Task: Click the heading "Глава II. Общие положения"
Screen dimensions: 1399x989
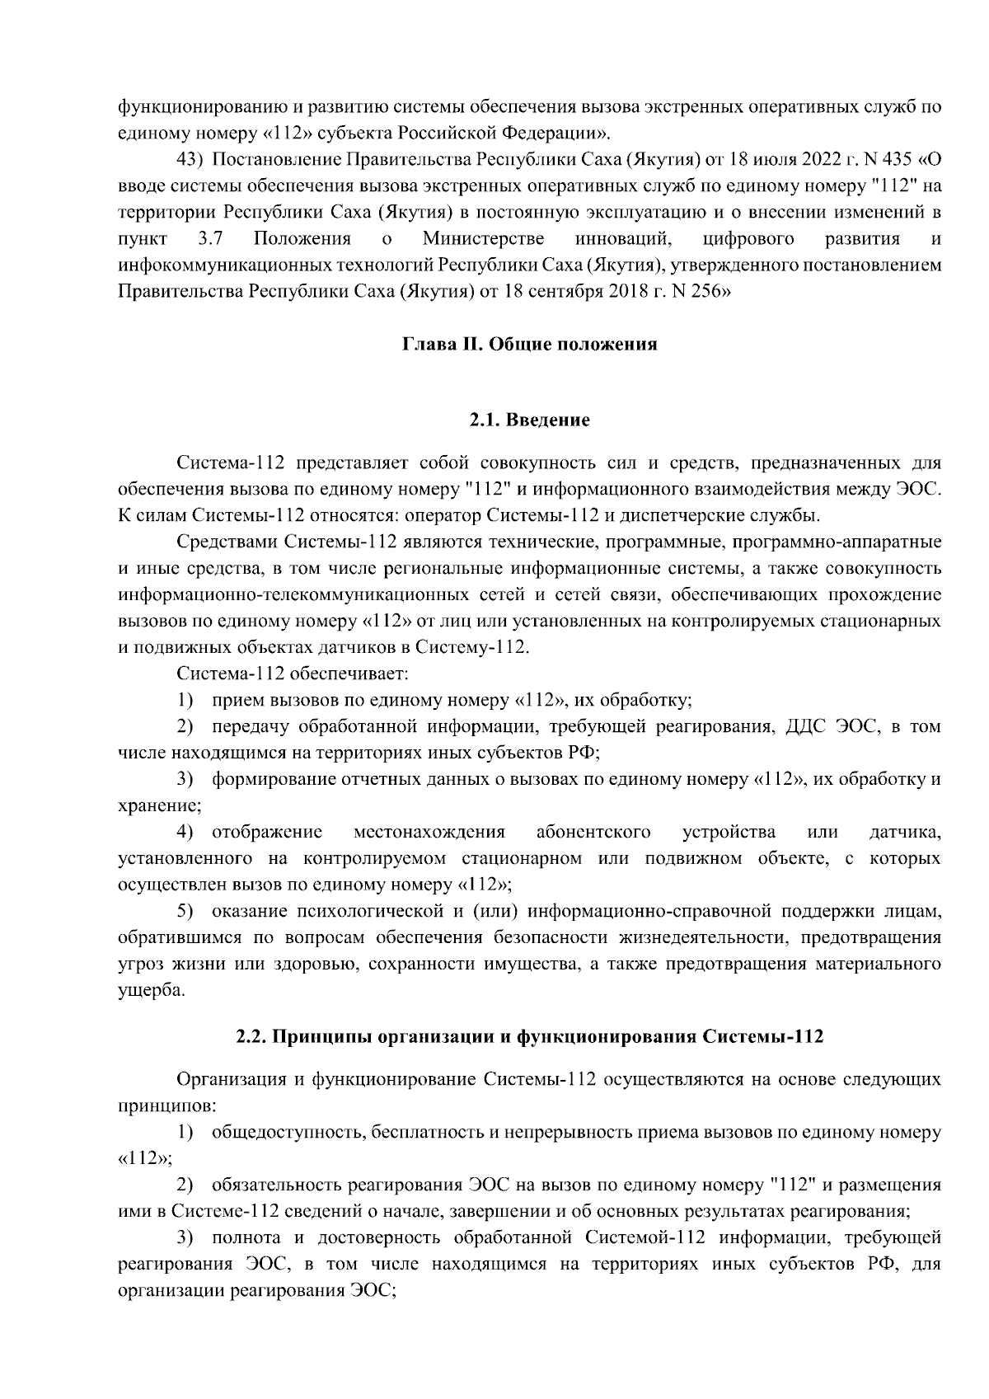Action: (529, 344)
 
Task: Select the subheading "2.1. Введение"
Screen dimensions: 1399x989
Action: (529, 420)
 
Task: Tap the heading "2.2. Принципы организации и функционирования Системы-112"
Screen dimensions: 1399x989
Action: (529, 1037)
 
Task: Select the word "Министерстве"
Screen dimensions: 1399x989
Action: (483, 238)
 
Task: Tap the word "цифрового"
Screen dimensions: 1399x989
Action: (750, 238)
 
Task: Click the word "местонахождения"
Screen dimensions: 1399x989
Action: (429, 832)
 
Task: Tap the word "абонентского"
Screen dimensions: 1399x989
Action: (593, 832)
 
